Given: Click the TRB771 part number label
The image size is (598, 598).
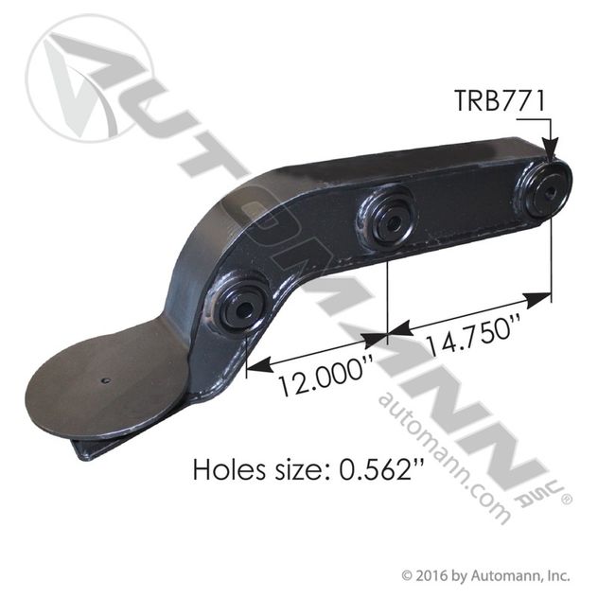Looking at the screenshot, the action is (x=500, y=100).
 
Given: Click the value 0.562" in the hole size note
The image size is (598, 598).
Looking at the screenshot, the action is (x=381, y=469).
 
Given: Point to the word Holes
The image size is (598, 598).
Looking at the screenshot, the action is (x=229, y=469).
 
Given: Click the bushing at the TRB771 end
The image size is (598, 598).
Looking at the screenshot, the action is (x=547, y=192).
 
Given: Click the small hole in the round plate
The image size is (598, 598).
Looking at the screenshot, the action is (x=106, y=380).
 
